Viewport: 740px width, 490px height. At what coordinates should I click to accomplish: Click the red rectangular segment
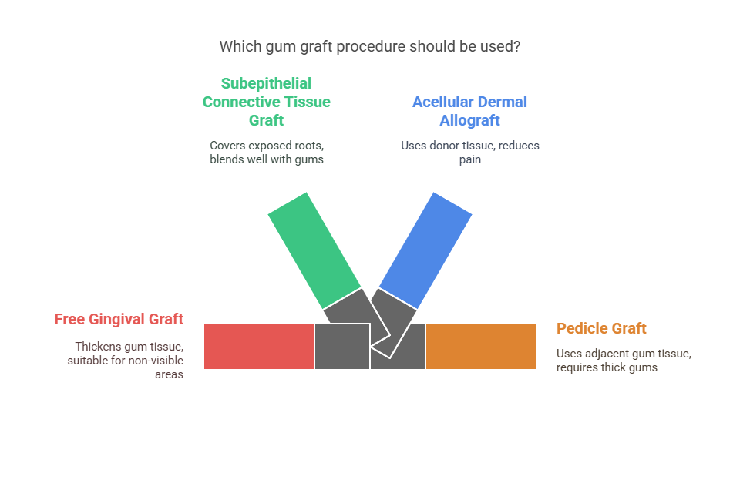259,347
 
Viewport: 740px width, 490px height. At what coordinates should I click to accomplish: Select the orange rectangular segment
481,347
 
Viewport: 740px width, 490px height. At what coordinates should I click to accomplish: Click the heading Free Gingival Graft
119,319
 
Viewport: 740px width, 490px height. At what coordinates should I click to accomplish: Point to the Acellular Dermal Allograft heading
469,111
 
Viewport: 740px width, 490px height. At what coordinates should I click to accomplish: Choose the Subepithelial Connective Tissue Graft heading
266,102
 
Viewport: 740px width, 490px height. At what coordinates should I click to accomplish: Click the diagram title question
369,46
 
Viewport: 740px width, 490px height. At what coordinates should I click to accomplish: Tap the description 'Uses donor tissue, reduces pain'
469,152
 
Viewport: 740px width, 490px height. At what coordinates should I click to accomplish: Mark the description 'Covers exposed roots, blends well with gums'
266,152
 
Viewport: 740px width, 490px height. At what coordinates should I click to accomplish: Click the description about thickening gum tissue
129,360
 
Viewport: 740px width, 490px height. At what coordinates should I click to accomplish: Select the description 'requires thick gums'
607,367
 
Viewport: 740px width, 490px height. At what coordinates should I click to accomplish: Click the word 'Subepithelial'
266,83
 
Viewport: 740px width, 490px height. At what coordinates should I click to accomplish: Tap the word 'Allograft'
469,120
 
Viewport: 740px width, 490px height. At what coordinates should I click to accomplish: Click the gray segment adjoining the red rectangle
341,347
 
